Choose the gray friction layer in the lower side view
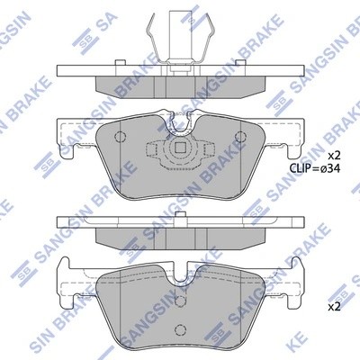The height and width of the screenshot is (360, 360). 180,236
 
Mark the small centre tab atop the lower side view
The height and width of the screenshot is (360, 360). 180,213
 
